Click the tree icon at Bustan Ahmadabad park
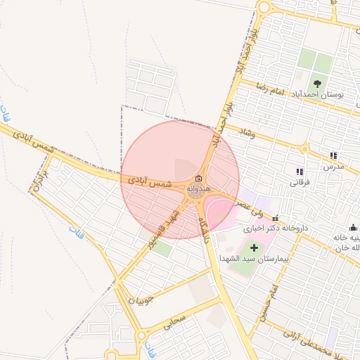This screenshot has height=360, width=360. (317, 83)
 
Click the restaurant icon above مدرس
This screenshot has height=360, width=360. (333, 155)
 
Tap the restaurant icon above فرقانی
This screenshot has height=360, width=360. (300, 171)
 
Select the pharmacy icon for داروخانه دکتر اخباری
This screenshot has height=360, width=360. (275, 217)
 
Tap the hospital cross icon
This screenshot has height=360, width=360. (254, 246)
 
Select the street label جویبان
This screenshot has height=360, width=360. (139, 301)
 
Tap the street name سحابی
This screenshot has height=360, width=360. (174, 323)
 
